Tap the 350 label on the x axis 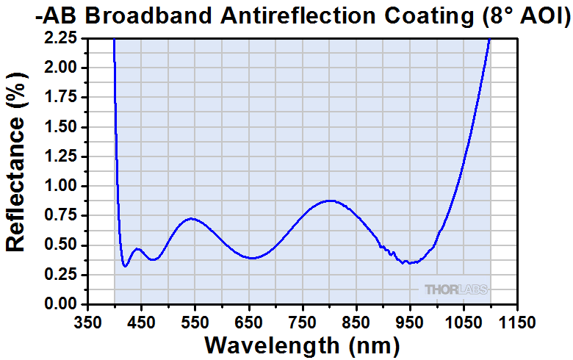point(88,321)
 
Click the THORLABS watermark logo point(455,289)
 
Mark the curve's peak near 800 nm point(330,200)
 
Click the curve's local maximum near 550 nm point(191,218)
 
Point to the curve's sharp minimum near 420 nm point(126,266)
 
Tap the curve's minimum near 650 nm point(252,258)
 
